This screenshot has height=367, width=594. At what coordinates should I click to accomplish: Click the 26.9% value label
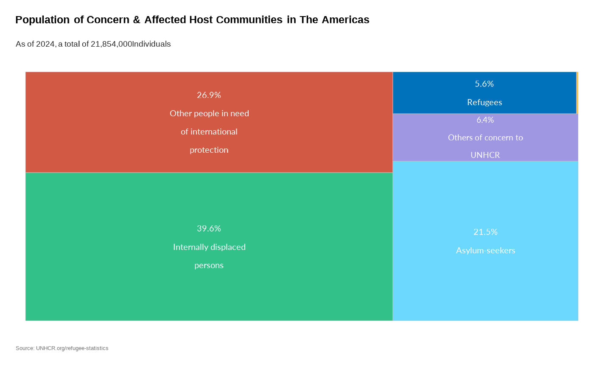[209, 95]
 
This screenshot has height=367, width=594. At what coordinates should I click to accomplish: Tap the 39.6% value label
[209, 228]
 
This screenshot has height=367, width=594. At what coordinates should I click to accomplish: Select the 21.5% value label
[485, 232]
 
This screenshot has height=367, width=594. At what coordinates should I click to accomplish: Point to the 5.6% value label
[484, 84]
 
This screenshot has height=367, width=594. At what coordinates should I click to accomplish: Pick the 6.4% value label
[485, 120]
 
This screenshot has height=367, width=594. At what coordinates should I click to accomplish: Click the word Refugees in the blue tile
[485, 102]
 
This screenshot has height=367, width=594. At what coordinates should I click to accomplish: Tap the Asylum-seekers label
[485, 250]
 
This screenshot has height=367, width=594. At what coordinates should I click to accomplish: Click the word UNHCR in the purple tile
[485, 155]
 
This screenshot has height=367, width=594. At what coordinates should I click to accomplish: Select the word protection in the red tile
[209, 150]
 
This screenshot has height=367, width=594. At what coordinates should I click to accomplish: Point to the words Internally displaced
[209, 247]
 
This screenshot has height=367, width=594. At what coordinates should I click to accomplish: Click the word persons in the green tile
[209, 265]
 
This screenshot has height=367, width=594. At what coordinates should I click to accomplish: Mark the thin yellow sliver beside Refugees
[577, 93]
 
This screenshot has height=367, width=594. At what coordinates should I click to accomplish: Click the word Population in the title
[42, 20]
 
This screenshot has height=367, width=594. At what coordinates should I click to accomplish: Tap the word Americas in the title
[345, 20]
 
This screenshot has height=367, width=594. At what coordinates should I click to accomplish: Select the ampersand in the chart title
[137, 20]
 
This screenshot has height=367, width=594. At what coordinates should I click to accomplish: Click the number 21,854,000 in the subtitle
[111, 44]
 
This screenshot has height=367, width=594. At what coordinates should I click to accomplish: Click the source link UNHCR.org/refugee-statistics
[72, 348]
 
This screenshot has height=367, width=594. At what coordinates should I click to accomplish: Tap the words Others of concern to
[485, 137]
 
